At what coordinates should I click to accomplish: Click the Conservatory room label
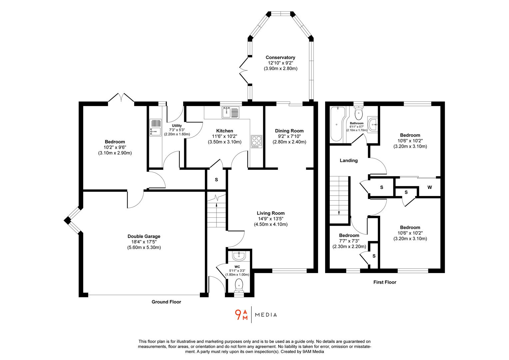pyautogui.click(x=280, y=57)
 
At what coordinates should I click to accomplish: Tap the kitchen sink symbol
pyautogui.click(x=230, y=112)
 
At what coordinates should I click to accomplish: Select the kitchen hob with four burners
pyautogui.click(x=256, y=141)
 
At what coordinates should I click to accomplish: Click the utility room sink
pyautogui.click(x=155, y=128)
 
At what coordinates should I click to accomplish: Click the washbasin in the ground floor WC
pyautogui.click(x=239, y=256)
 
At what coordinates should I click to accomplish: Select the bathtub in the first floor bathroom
pyautogui.click(x=336, y=124)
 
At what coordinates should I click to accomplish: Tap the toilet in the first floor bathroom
pyautogui.click(x=358, y=113)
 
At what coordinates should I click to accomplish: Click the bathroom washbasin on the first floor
pyautogui.click(x=373, y=125)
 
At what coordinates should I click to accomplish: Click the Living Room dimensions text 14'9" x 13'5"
pyautogui.click(x=270, y=219)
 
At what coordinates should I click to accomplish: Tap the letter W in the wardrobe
pyautogui.click(x=429, y=187)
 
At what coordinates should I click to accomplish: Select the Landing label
pyautogui.click(x=348, y=160)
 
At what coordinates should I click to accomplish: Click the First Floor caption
pyautogui.click(x=385, y=282)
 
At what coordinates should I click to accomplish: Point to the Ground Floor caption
pyautogui.click(x=166, y=302)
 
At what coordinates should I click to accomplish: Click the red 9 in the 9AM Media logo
pyautogui.click(x=238, y=315)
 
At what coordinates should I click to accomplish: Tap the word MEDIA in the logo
pyautogui.click(x=266, y=315)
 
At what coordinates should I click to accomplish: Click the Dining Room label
pyautogui.click(x=289, y=131)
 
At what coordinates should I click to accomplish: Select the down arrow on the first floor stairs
pyautogui.click(x=339, y=212)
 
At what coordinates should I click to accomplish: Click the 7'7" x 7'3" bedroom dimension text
pyautogui.click(x=349, y=241)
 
